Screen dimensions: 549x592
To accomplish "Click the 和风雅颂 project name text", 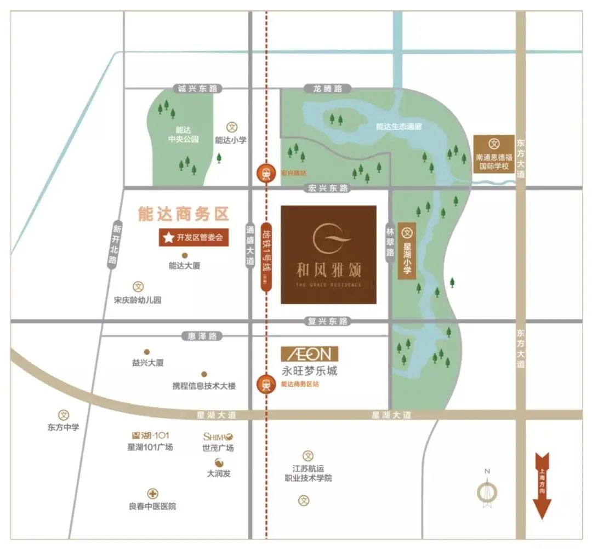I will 328,270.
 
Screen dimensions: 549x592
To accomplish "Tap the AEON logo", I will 309,354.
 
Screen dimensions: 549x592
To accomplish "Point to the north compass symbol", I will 487,491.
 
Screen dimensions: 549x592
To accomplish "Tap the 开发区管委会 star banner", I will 193,238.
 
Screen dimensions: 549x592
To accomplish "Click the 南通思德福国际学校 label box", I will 494,154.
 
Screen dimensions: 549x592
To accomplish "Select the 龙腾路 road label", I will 327,88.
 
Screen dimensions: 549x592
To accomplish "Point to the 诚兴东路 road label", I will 195,88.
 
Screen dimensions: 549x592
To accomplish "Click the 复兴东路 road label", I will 328,321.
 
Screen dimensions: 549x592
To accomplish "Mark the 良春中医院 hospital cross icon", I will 152,494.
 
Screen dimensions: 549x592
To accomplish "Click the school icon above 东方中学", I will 64,415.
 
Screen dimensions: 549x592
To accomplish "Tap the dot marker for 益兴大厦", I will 146,352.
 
